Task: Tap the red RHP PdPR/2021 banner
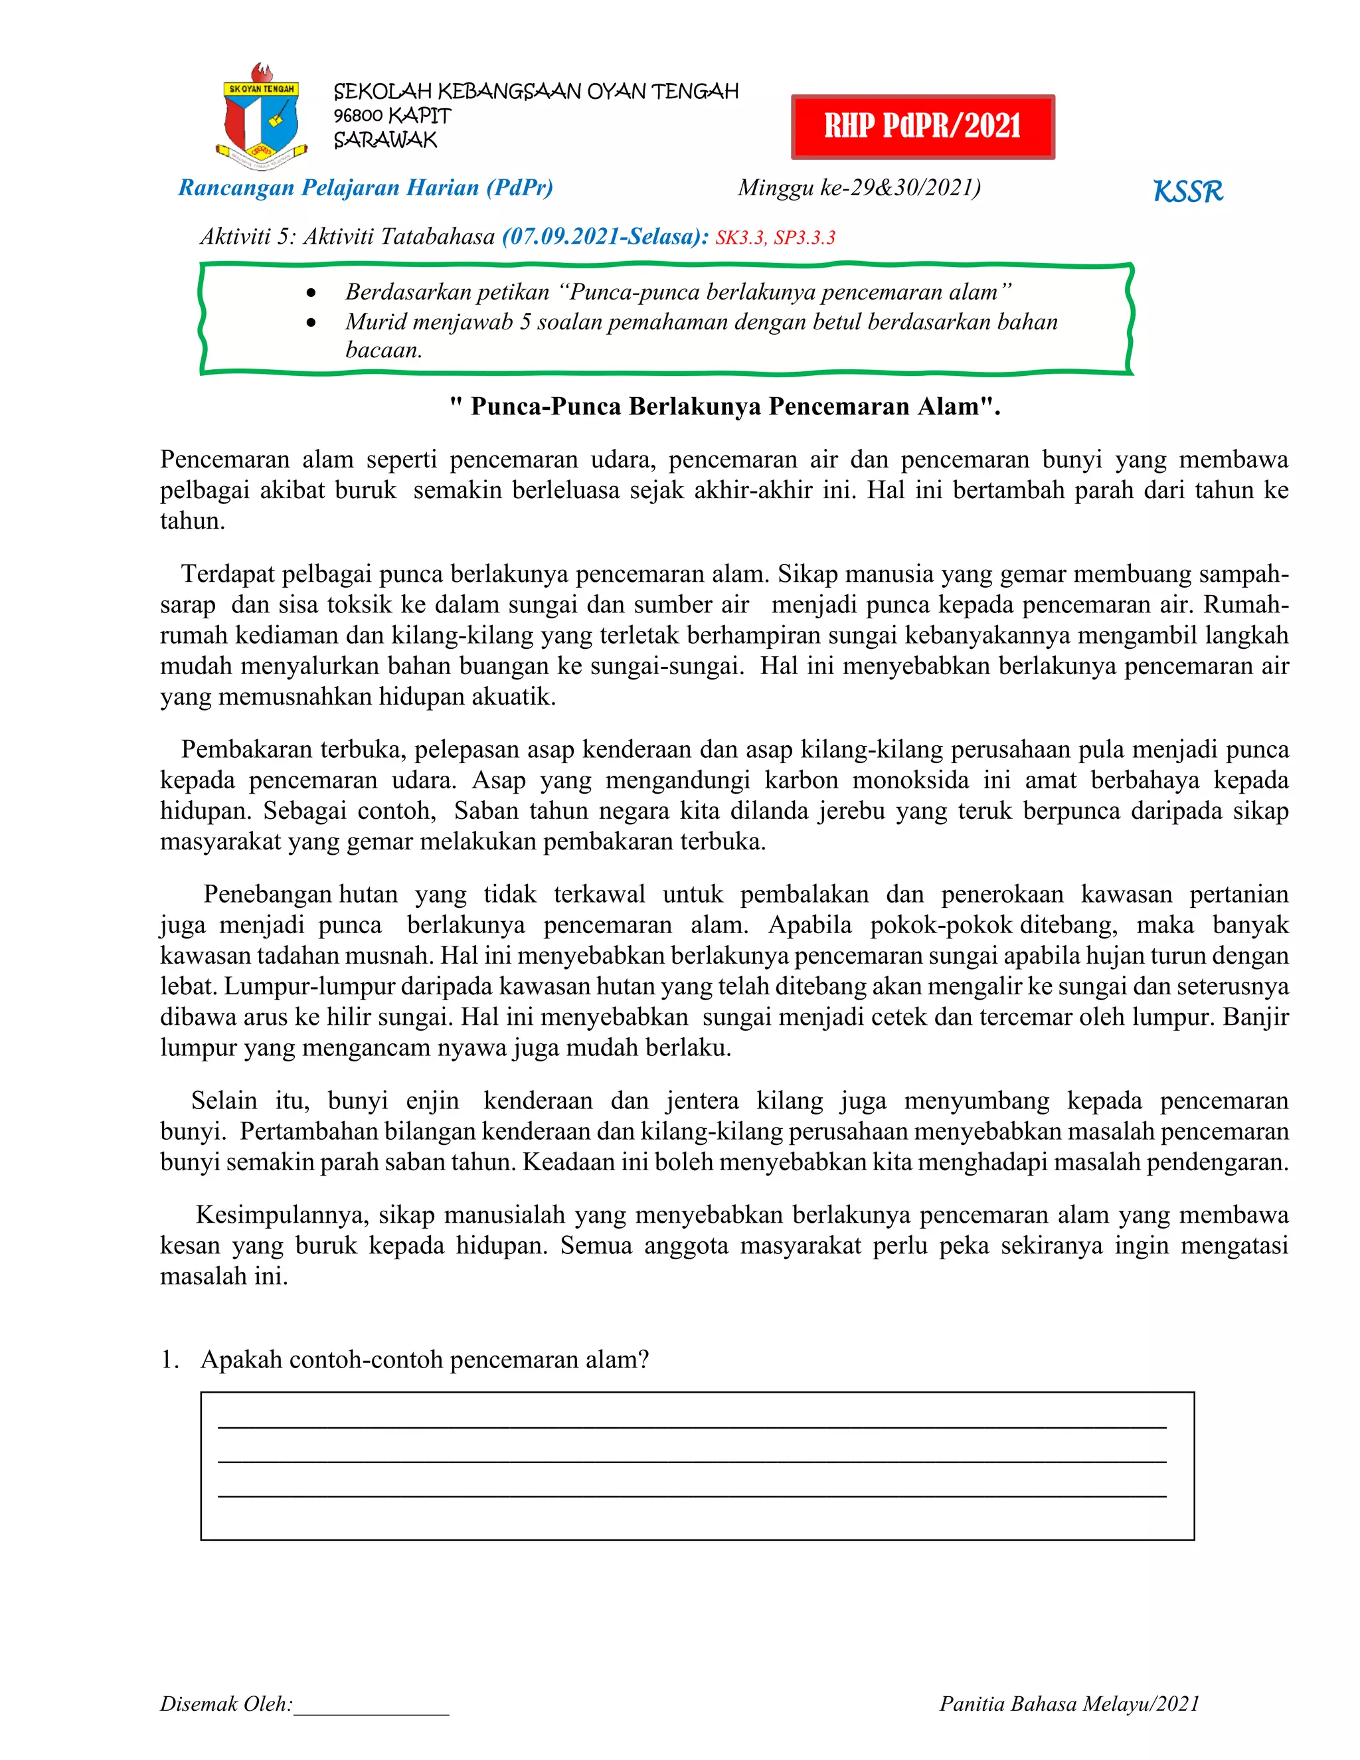point(922,126)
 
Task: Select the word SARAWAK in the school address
point(385,140)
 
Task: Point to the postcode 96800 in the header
point(358,116)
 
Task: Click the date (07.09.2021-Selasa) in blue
point(605,237)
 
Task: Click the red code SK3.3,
point(740,238)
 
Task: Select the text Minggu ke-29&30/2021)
point(859,188)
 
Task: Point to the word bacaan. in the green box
point(384,351)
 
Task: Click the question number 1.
point(169,1360)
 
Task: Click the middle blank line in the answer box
point(691,1461)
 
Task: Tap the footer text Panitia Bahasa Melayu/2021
point(1069,1704)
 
